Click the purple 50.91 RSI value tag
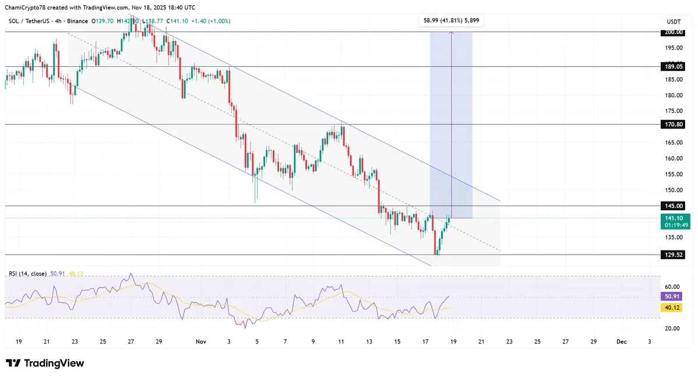point(672,296)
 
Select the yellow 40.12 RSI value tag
point(672,308)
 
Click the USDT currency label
point(673,22)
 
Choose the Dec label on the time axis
point(621,342)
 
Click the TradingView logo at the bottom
point(45,363)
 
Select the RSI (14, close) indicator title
point(28,273)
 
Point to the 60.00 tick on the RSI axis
point(672,287)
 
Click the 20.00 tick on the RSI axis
point(672,328)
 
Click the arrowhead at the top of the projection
point(452,33)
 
